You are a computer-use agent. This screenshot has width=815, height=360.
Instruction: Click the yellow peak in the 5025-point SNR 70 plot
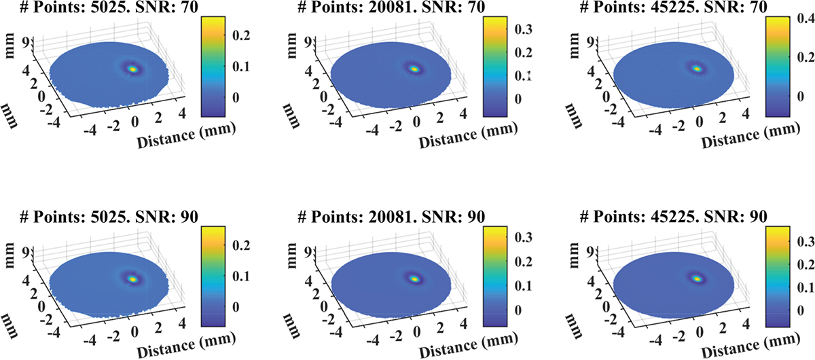pyautogui.click(x=132, y=69)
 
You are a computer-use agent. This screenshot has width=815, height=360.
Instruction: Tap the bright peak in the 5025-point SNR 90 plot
pyautogui.click(x=132, y=278)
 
